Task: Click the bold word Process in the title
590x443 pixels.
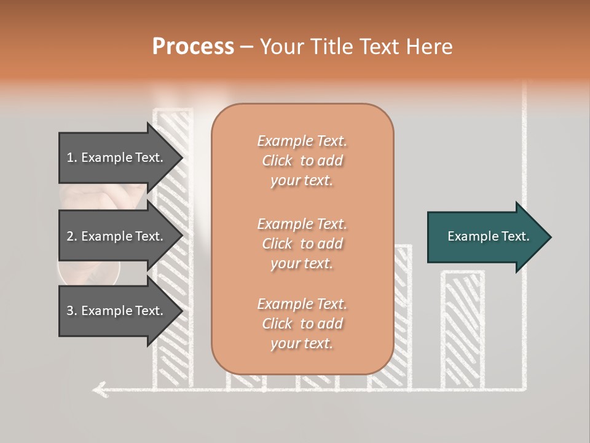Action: [x=193, y=46]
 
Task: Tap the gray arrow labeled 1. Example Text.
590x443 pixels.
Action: [x=117, y=158]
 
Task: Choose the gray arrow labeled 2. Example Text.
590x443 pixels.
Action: [x=117, y=236]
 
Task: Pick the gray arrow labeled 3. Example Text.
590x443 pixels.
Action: [x=117, y=311]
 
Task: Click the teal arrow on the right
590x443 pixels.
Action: [x=486, y=236]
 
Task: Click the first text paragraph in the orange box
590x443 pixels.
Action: [x=302, y=161]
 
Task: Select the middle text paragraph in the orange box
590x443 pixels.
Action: [x=302, y=243]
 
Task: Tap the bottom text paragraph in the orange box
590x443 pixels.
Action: [x=302, y=324]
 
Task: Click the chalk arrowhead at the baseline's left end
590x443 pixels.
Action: [x=98, y=388]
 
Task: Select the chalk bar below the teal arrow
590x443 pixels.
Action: [x=462, y=329]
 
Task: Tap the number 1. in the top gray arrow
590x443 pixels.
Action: [x=72, y=158]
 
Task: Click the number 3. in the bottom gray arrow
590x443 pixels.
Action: [x=72, y=311]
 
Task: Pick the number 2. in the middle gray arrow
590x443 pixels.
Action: [x=72, y=236]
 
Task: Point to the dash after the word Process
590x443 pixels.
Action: [x=247, y=47]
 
